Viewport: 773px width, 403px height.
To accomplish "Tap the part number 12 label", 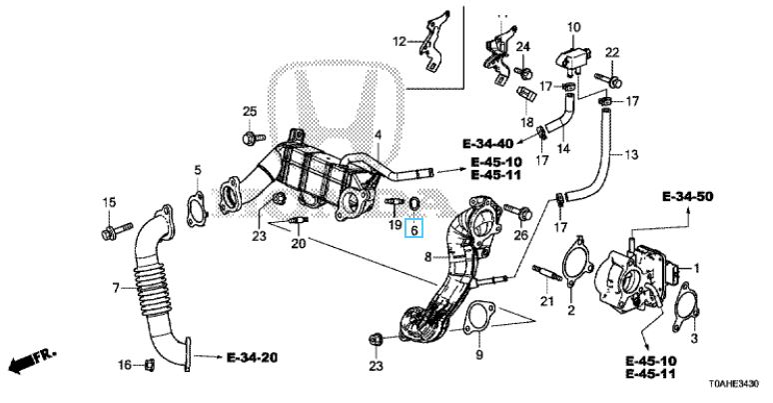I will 399,42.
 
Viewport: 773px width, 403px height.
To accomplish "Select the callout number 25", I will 250,109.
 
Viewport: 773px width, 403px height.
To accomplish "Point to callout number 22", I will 612,52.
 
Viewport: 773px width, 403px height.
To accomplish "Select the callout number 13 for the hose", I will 630,155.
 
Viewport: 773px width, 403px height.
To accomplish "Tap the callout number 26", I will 519,236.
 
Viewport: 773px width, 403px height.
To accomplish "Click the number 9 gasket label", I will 477,355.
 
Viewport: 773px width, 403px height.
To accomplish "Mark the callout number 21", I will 546,303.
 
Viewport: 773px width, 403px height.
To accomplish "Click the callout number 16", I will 123,366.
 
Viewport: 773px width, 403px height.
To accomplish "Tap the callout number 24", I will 522,47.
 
